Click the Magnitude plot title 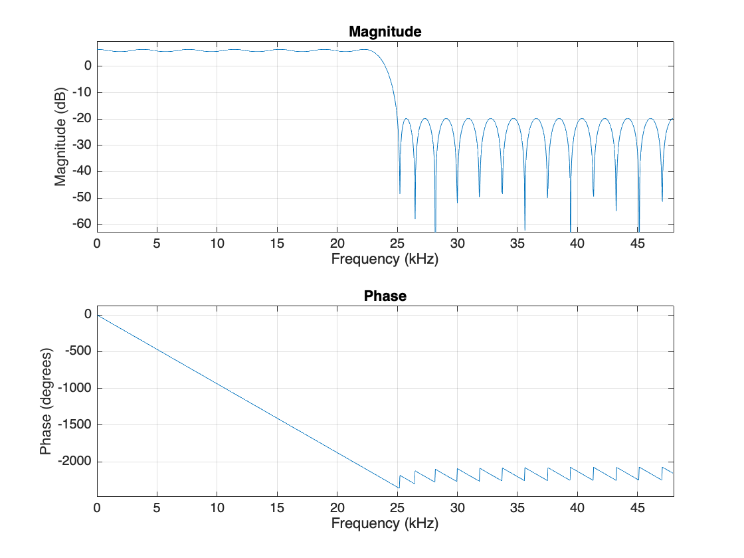[385, 31]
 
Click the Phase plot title [385, 296]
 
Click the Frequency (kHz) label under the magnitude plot [385, 258]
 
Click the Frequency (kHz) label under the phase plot [385, 523]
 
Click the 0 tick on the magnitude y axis [87, 66]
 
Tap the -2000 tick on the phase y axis [74, 462]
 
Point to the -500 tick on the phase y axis [78, 351]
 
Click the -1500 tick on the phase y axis [74, 425]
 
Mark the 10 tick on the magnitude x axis [217, 243]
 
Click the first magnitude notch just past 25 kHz [399, 193]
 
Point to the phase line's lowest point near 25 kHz [399, 488]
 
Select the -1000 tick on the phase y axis [74, 388]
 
